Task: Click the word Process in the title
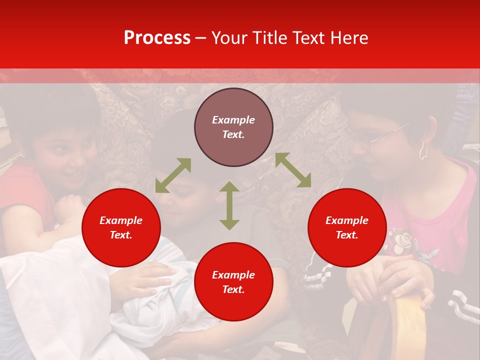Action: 157,38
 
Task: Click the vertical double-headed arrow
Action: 229,205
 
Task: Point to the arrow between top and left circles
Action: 173,175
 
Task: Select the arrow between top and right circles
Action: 293,170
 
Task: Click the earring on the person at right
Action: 422,150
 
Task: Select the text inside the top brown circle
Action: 233,127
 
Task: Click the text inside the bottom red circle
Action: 233,282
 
